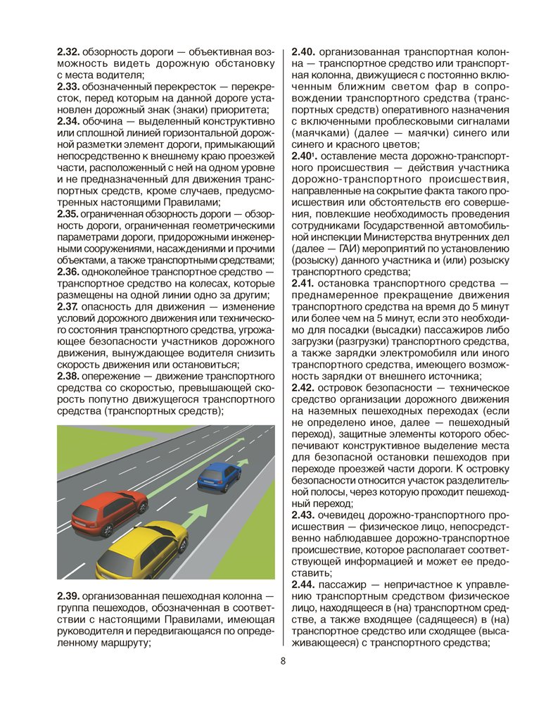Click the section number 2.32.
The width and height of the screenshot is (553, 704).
69,52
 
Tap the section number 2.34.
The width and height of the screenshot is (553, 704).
69,120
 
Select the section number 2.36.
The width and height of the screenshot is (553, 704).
69,272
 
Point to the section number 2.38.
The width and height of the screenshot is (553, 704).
69,376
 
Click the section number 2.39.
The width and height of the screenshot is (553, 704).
69,597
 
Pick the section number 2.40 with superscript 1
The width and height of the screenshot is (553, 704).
305,154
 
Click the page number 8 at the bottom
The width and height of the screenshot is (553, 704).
282,660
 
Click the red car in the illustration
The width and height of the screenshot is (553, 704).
108,510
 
